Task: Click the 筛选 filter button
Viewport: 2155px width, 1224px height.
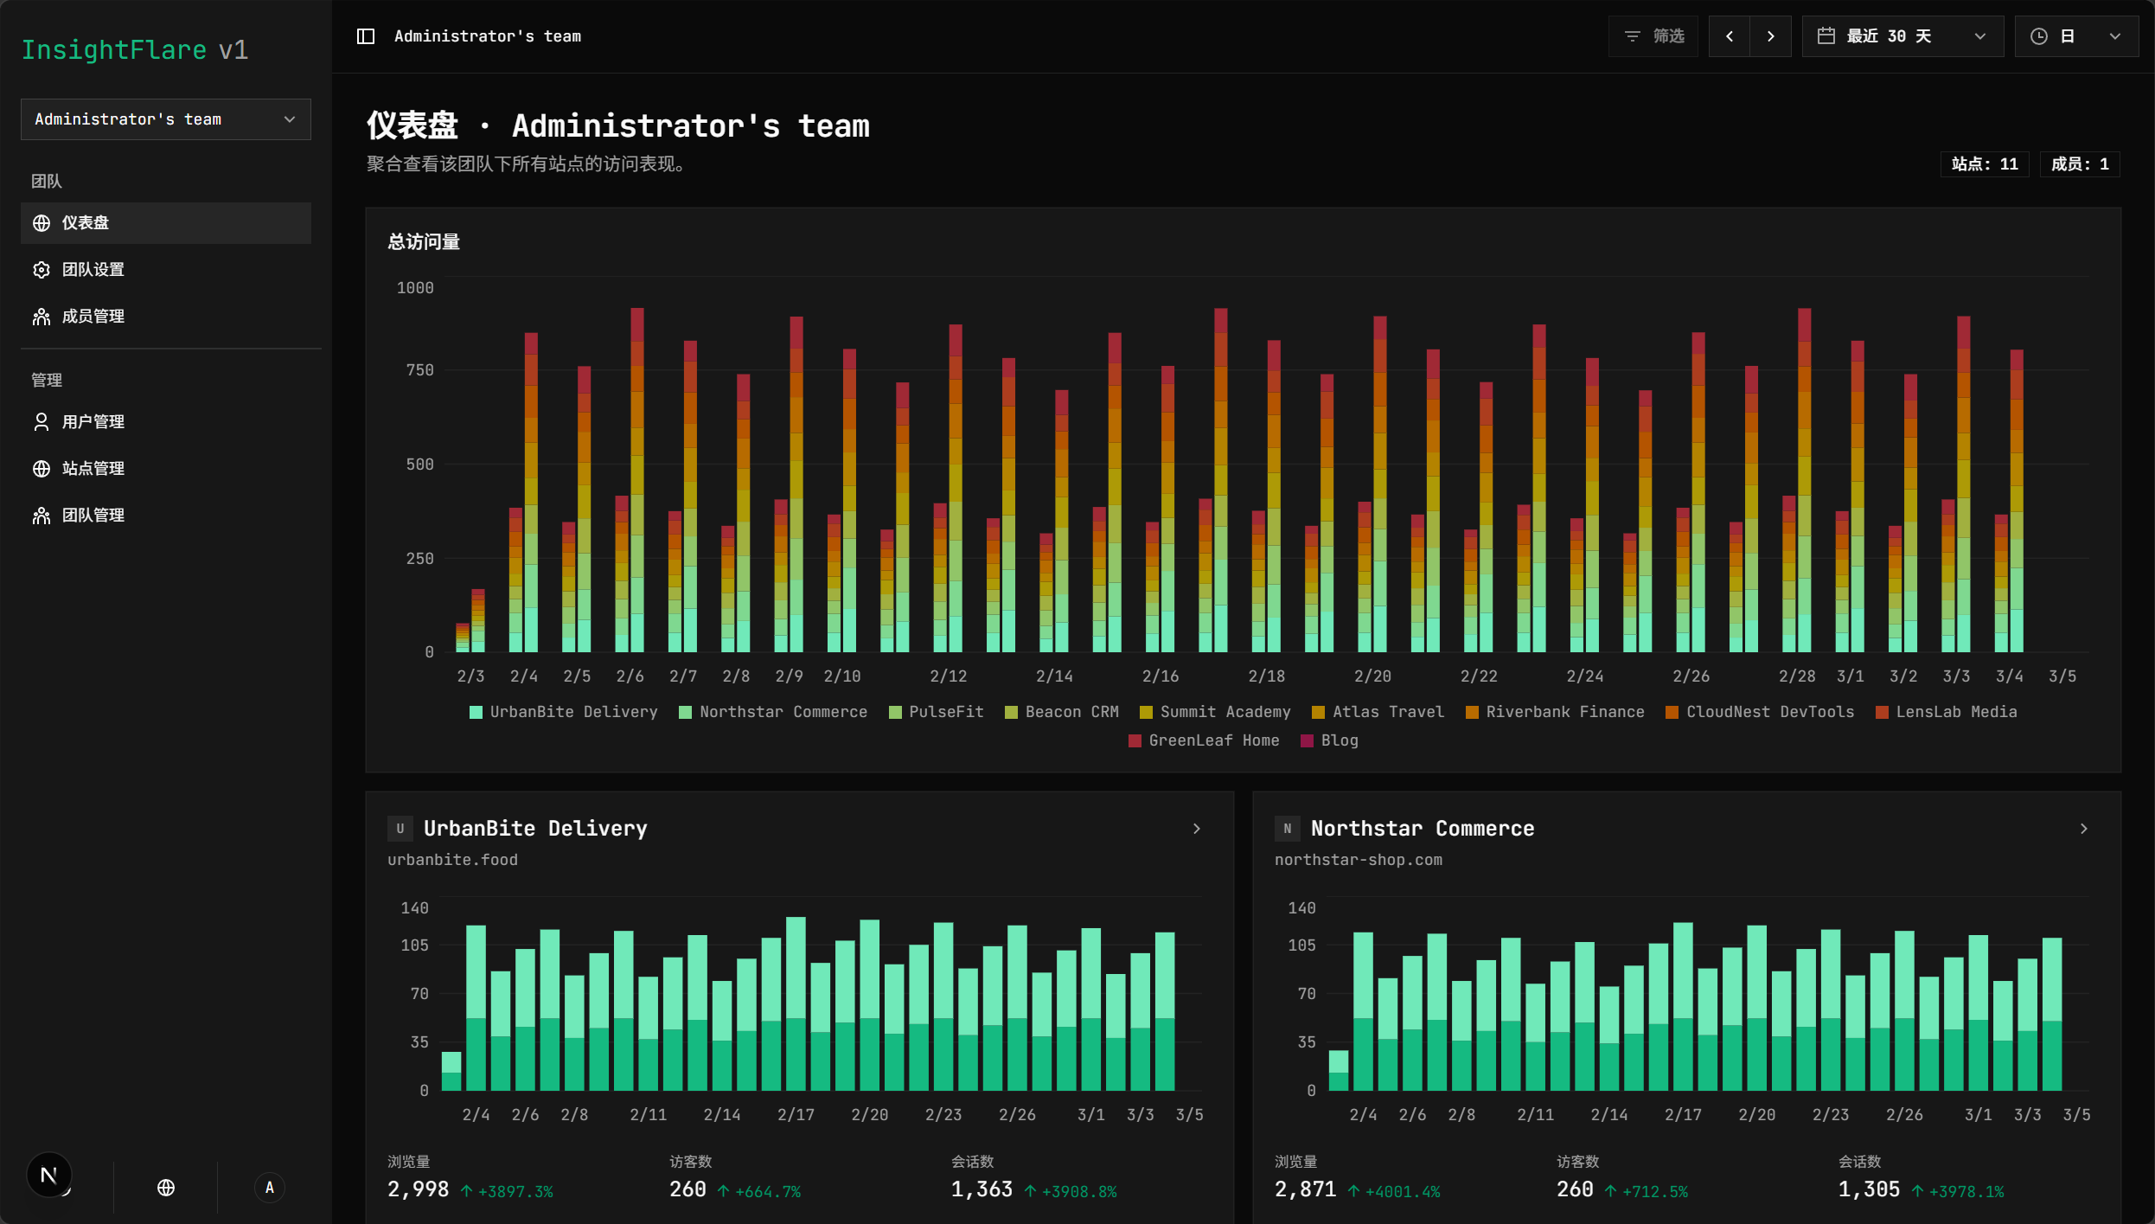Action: [1653, 36]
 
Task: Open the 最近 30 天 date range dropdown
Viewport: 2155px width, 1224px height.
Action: [1902, 36]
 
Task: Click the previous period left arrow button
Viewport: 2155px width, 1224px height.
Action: [1730, 36]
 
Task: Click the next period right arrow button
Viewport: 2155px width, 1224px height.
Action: [1771, 36]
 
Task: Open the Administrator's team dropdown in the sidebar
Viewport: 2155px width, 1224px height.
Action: [166, 119]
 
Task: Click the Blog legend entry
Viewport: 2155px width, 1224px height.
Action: [1330, 740]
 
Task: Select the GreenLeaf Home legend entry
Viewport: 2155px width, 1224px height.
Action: [1204, 740]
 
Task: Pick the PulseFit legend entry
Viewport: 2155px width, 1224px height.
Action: [937, 712]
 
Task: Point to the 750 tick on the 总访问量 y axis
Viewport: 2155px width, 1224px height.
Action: [419, 370]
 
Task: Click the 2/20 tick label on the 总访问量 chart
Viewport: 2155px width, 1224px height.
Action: [1372, 676]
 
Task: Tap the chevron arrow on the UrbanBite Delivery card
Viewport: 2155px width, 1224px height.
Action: [1197, 829]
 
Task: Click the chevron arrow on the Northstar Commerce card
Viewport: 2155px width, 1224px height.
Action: [2084, 829]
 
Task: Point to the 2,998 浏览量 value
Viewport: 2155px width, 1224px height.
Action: [419, 1190]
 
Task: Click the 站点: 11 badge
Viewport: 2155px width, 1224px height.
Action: [1985, 164]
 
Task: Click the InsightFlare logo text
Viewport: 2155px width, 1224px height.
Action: [114, 50]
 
